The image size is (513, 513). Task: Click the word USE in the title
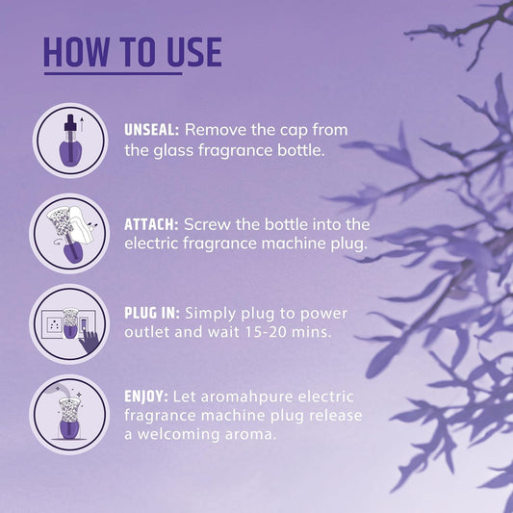(194, 52)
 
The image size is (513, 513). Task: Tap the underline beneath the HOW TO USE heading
(113, 73)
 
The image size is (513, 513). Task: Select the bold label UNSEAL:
(151, 130)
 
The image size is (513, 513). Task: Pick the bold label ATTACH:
(151, 224)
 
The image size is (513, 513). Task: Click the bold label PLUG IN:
(152, 313)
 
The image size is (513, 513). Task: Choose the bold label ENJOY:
(146, 397)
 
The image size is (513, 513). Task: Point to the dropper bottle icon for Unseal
(70, 141)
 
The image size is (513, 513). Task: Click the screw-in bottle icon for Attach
(69, 233)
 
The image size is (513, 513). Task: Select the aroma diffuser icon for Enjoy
(69, 415)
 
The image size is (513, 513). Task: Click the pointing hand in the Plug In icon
(88, 342)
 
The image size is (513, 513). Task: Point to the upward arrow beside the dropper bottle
(82, 123)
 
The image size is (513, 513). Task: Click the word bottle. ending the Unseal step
(301, 150)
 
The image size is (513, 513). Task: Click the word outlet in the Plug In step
(147, 332)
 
